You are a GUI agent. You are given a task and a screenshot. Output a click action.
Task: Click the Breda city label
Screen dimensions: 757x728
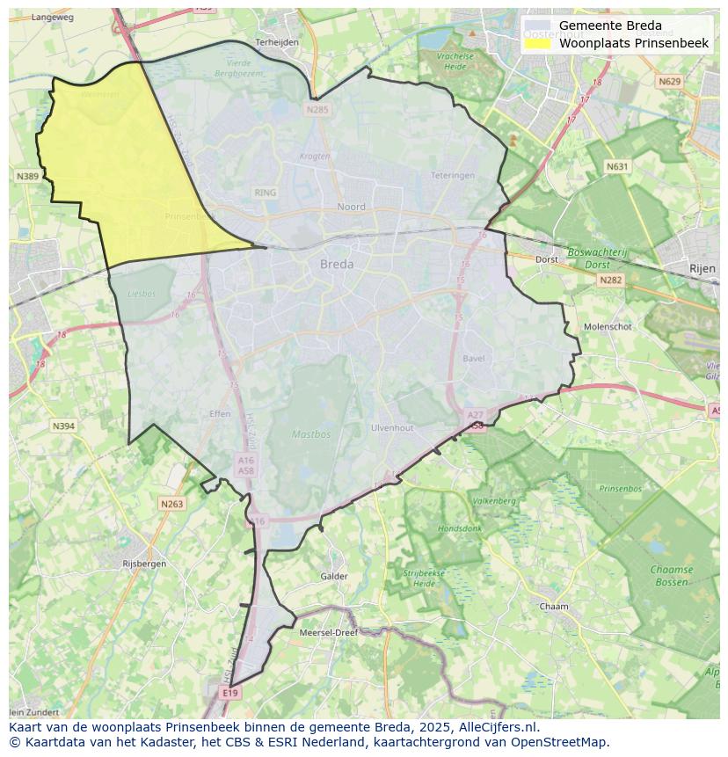[x=337, y=264]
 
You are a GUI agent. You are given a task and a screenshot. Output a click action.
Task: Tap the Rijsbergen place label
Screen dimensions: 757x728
[x=144, y=564]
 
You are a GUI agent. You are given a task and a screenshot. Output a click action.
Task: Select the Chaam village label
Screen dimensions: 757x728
[x=554, y=607]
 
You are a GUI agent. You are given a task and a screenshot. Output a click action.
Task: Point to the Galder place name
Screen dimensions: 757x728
[x=334, y=577]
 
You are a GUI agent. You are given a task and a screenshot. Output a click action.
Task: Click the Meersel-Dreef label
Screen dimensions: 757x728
[x=329, y=633]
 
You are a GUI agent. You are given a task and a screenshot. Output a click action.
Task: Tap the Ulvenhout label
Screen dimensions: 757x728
[x=392, y=428]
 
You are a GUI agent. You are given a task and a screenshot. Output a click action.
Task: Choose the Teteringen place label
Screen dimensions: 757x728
[x=453, y=175]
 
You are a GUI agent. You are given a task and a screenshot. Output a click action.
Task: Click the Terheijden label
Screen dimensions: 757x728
[x=277, y=41]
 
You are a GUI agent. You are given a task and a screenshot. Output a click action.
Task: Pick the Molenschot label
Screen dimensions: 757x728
[x=608, y=326]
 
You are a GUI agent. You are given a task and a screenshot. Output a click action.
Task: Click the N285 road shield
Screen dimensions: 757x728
[x=317, y=110]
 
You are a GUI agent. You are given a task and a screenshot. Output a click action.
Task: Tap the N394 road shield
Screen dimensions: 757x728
[x=63, y=426]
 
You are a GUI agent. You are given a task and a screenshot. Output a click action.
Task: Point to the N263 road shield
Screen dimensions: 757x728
[x=171, y=504]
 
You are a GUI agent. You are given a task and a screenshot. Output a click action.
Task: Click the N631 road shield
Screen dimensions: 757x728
[x=617, y=166]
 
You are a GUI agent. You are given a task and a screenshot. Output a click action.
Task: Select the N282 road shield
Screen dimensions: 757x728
[x=610, y=280]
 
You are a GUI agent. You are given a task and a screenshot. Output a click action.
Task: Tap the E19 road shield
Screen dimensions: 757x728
[x=230, y=693]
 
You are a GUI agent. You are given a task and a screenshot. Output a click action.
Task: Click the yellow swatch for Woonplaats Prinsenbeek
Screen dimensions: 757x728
[x=537, y=43]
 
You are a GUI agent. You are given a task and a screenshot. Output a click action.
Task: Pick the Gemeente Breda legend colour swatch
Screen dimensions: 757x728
[x=537, y=26]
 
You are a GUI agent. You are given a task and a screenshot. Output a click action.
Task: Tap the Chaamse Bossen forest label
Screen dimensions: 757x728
[x=672, y=576]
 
